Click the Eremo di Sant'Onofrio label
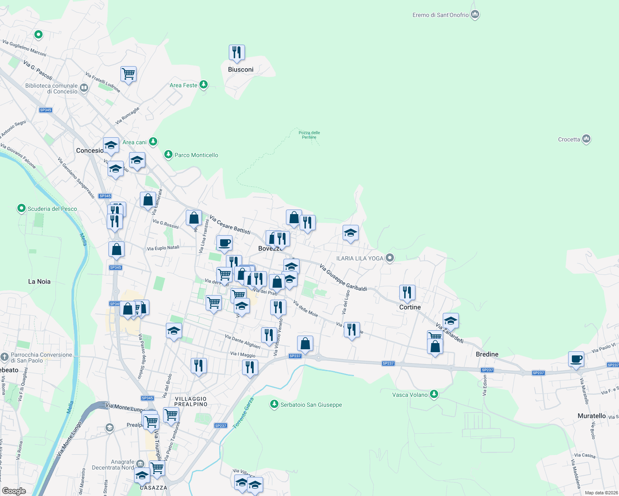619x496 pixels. click(440, 15)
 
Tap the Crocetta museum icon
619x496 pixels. click(586, 139)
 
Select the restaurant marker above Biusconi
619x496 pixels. click(237, 52)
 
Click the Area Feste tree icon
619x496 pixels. click(203, 85)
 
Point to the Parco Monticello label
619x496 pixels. click(196, 155)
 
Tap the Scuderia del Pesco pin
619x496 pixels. click(21, 208)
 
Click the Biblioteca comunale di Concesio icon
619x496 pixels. click(84, 87)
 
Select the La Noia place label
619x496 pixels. click(39, 281)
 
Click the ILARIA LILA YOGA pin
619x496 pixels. click(389, 258)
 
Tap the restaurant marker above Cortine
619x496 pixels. click(407, 293)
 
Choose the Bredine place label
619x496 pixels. click(487, 354)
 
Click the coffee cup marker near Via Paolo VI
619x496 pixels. click(576, 359)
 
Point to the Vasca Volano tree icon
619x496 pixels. click(434, 394)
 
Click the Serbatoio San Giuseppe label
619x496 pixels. click(311, 405)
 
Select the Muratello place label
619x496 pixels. click(591, 416)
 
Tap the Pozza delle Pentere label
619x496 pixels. click(309, 135)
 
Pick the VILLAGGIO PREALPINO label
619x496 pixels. click(191, 401)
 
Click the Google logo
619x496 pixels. click(14, 491)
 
